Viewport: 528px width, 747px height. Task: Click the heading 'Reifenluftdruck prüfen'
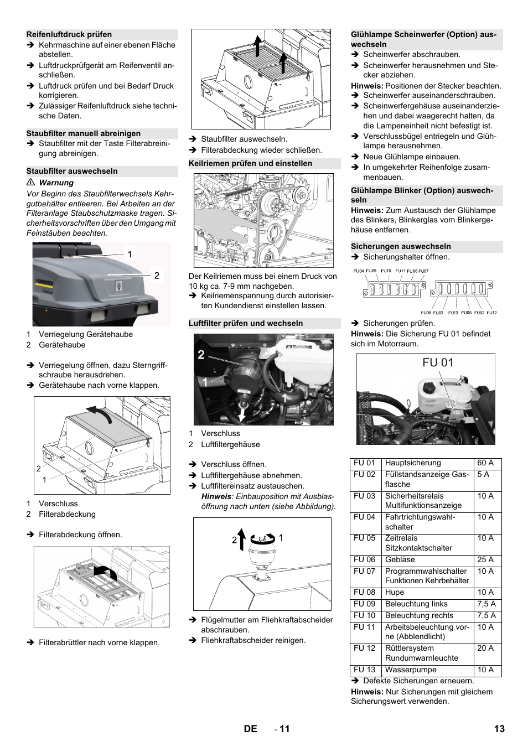69,34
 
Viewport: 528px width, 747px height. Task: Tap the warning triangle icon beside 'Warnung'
31,183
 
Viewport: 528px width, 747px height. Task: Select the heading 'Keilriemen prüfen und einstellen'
250,163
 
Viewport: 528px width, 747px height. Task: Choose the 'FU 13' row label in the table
364,670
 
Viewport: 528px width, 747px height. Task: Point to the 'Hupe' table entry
395,593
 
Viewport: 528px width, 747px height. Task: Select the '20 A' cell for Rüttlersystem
485,649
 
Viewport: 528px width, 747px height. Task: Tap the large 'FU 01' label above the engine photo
438,363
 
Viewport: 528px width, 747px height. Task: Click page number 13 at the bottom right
499,729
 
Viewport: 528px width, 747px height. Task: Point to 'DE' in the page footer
250,729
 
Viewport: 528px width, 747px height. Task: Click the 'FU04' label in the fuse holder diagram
359,271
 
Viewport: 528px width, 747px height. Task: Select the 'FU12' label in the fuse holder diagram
491,313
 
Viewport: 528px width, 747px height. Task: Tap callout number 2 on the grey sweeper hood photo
157,276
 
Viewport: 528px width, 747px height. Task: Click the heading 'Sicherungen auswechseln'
401,247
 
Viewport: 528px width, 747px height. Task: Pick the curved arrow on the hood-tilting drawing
99,413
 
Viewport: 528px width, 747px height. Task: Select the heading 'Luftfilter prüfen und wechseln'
246,324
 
